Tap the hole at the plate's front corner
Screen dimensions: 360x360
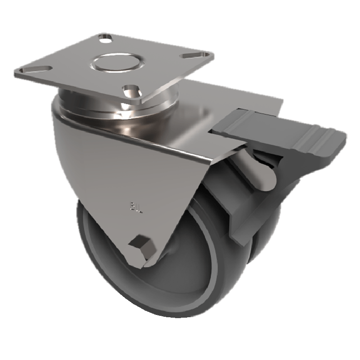[x=132, y=90]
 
